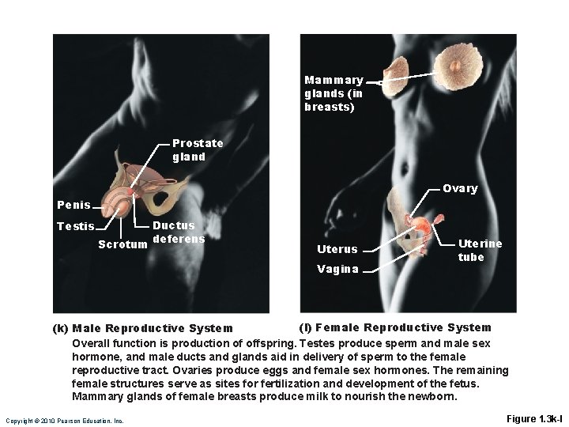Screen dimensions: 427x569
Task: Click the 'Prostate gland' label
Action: point(198,149)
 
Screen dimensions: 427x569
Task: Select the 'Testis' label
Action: point(73,226)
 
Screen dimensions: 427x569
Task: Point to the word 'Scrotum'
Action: point(122,244)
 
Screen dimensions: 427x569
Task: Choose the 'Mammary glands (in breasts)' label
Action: point(333,93)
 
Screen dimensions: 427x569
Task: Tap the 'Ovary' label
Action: point(460,188)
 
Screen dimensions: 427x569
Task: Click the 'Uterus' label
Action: point(337,250)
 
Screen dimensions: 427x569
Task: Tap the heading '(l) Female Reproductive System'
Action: point(394,327)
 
